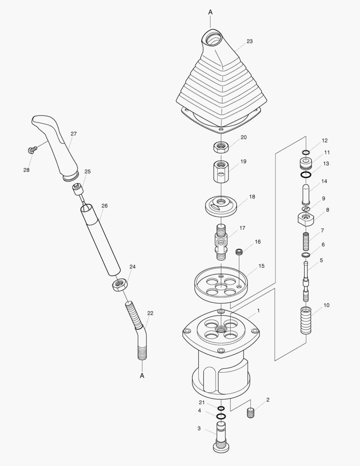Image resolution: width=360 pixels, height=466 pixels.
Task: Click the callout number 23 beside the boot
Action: point(250,41)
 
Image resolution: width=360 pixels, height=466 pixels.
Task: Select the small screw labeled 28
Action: point(31,150)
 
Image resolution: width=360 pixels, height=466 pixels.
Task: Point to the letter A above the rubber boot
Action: point(210,13)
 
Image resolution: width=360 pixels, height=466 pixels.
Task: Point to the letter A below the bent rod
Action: point(142,375)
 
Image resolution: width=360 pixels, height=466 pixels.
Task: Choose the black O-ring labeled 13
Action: point(306,175)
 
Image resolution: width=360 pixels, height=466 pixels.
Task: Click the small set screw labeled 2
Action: point(251,413)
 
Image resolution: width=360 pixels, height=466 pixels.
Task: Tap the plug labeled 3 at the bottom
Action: point(221,437)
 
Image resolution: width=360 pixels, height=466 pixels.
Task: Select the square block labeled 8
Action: point(306,218)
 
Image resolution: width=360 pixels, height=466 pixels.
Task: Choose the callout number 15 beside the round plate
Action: point(261,266)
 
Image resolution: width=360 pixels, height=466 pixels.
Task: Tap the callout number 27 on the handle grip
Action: point(73,134)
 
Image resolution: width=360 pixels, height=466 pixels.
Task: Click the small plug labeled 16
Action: point(240,252)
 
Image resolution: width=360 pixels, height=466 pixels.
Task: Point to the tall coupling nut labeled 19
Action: point(221,171)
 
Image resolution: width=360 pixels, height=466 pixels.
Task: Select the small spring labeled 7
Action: point(306,241)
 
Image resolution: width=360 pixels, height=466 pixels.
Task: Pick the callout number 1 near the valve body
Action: point(258,310)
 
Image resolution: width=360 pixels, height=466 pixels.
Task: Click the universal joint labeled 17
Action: point(221,242)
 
